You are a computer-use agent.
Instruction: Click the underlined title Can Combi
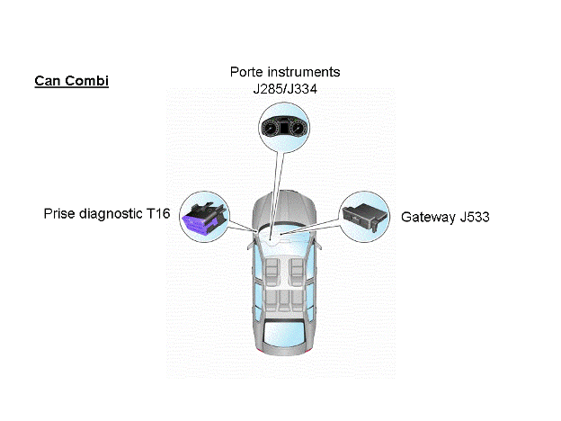click(x=71, y=81)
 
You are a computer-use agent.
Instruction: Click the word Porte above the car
click(x=250, y=71)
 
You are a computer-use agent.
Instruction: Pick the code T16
click(x=158, y=214)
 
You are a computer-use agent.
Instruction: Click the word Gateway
click(x=427, y=217)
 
